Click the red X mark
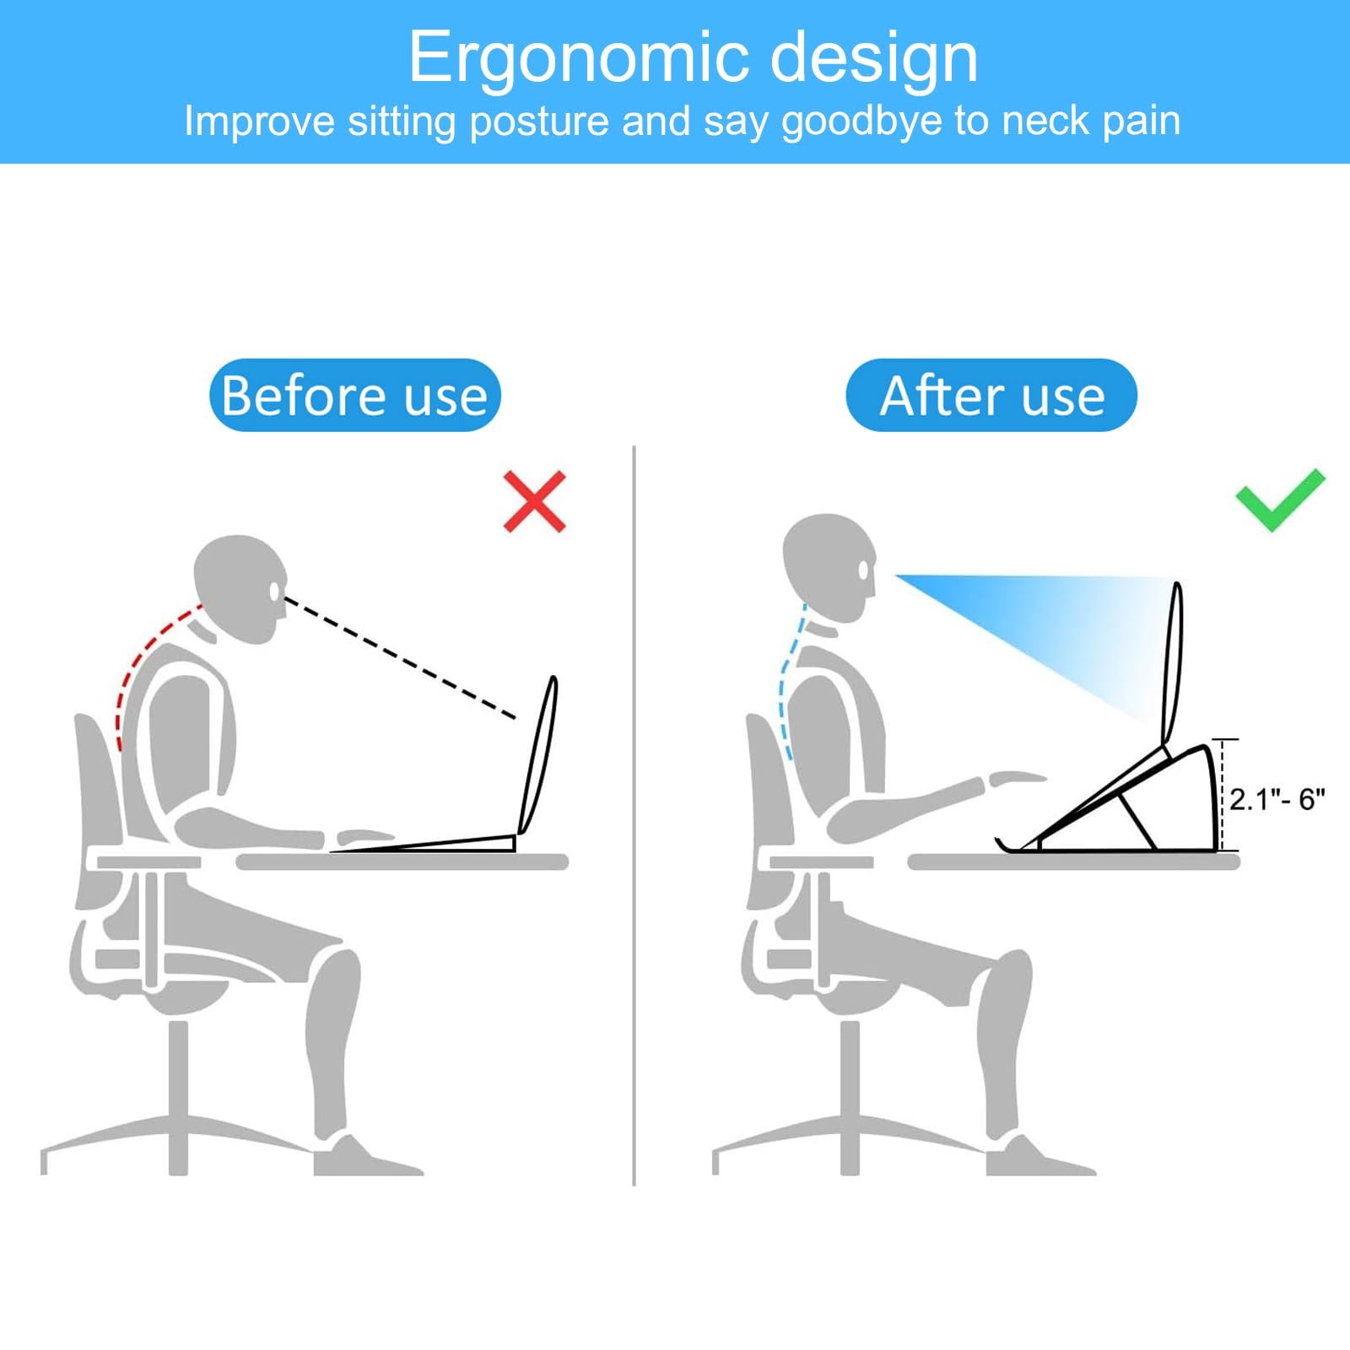coord(534,501)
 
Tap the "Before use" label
coord(355,395)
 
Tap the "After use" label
coord(991,395)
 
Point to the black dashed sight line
coord(401,658)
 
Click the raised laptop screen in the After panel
coord(1173,662)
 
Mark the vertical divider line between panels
coord(634,815)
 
